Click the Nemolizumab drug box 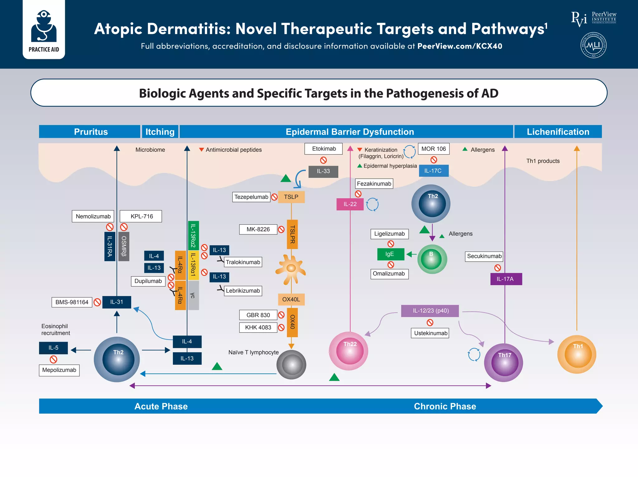click(93, 216)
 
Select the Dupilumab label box click(148, 281)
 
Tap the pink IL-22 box click(350, 204)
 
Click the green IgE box click(390, 254)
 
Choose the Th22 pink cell click(349, 351)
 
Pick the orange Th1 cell click(577, 354)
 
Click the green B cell click(432, 259)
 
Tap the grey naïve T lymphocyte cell click(291, 364)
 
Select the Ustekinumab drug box click(430, 333)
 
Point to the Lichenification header click(558, 132)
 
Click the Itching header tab click(160, 132)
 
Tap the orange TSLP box click(291, 197)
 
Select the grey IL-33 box click(323, 171)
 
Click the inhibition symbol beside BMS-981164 click(97, 302)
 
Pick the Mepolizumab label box click(59, 370)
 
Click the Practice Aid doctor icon click(44, 26)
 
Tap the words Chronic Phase click(445, 406)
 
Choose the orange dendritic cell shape click(291, 269)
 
